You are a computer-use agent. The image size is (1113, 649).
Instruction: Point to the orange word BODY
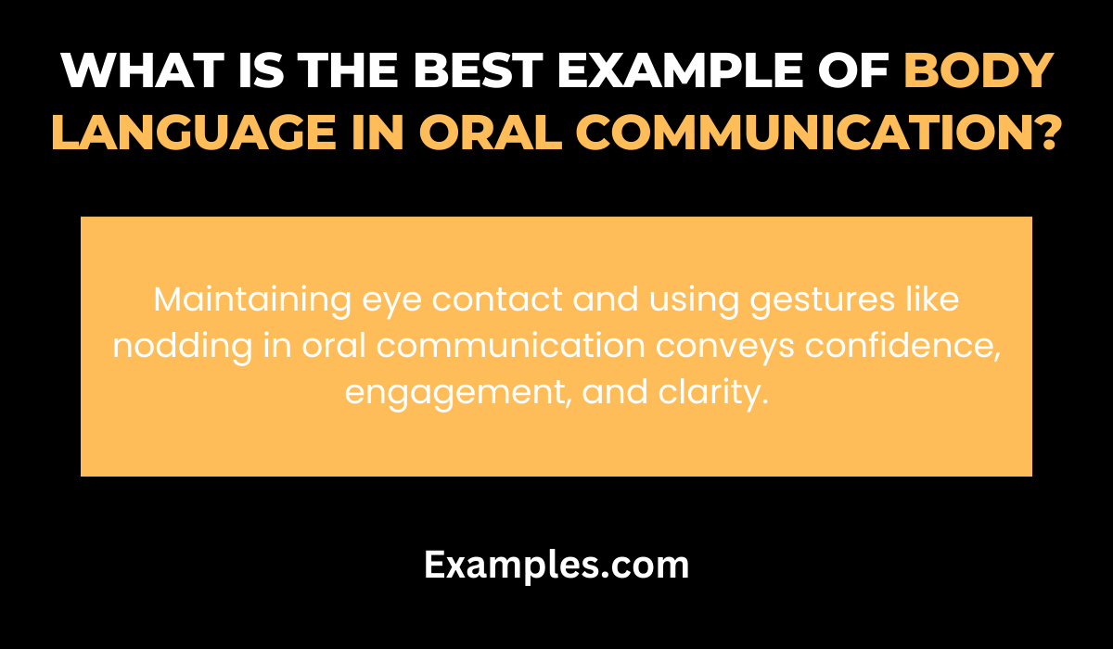(979, 70)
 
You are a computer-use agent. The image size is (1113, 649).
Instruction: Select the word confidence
(899, 346)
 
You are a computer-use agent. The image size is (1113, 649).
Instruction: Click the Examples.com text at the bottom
(556, 564)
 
